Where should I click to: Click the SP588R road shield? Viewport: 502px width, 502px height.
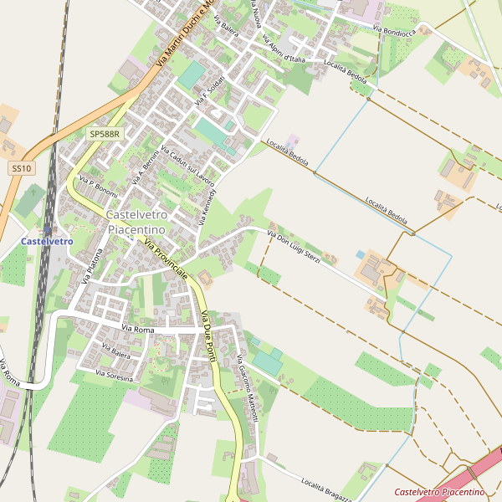[x=105, y=133]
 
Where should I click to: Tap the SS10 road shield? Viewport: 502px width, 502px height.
[x=22, y=168]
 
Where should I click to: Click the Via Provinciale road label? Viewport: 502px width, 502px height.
[x=166, y=260]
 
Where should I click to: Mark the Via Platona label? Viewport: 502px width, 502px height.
[x=92, y=267]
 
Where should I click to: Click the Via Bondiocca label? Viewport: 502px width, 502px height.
[x=394, y=32]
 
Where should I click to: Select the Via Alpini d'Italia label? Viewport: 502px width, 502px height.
[x=283, y=49]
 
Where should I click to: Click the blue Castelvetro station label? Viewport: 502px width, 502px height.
[x=47, y=241]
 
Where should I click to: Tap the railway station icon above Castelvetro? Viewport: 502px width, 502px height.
[x=47, y=229]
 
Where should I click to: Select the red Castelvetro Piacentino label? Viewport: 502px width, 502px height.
[x=439, y=492]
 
